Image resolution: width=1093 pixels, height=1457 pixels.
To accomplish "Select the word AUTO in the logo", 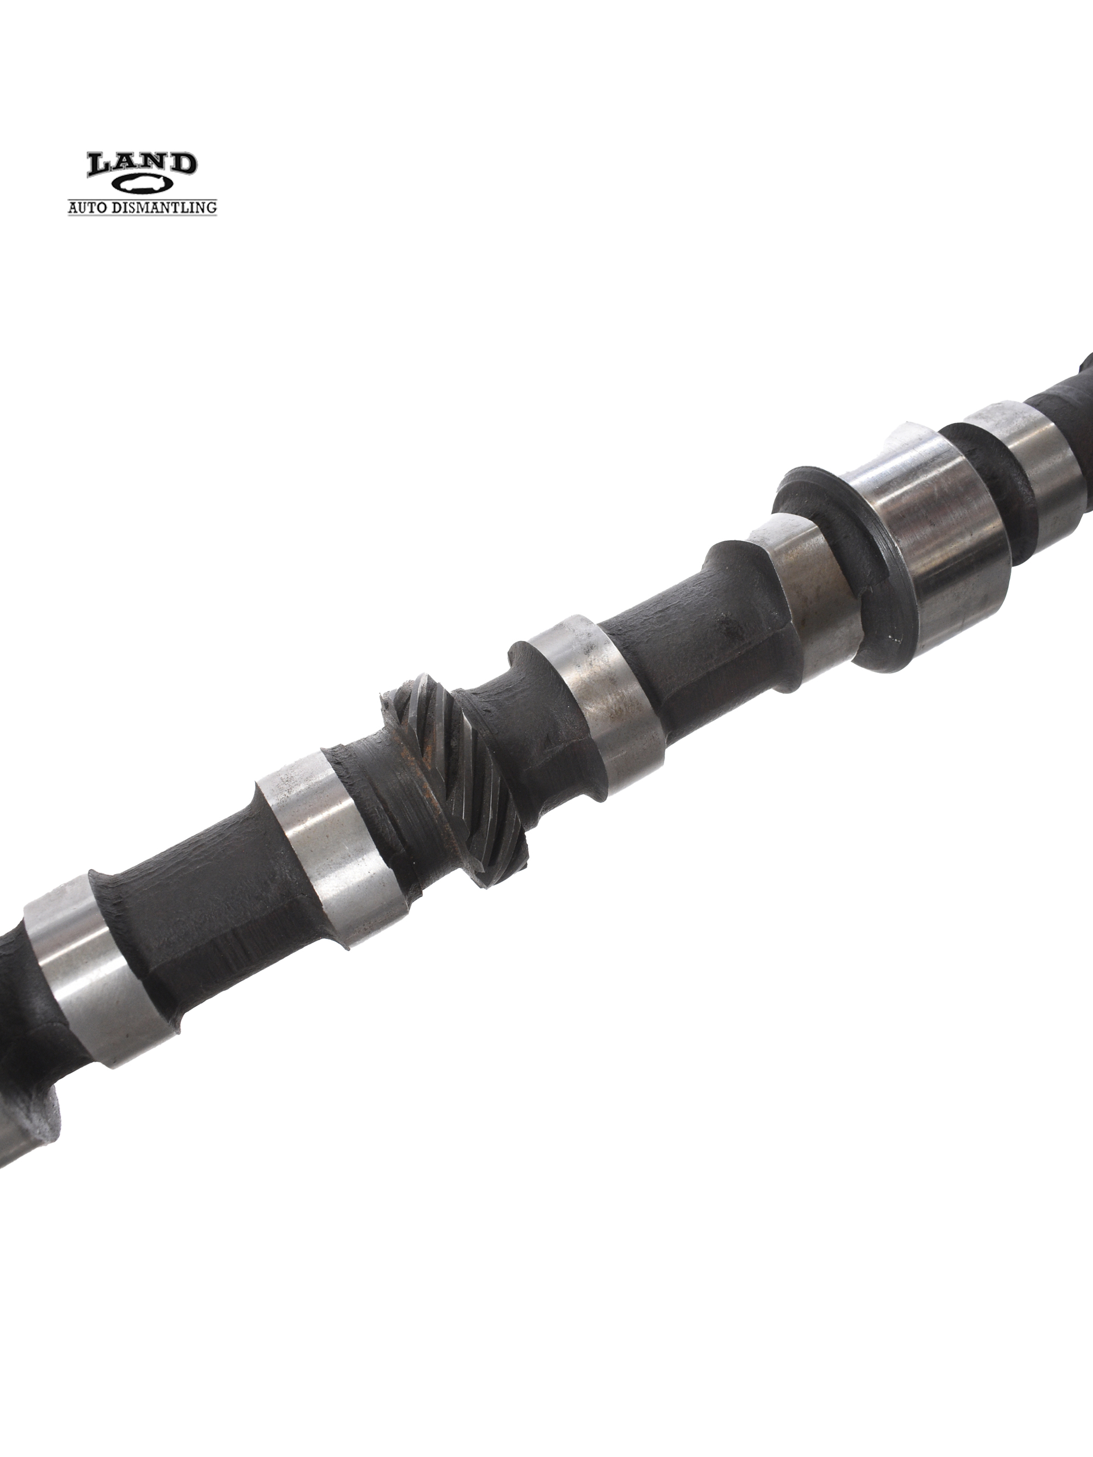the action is (87, 208).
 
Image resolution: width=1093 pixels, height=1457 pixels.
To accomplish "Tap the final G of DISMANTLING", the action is (211, 208).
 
